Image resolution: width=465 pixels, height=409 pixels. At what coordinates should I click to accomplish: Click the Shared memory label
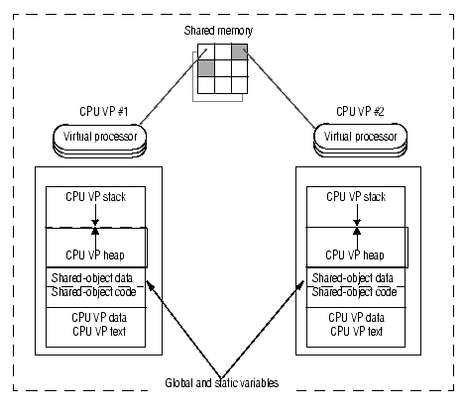[218, 31]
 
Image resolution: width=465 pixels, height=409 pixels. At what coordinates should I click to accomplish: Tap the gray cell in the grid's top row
[240, 51]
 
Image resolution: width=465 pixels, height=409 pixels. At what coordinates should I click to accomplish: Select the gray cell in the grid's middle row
[206, 68]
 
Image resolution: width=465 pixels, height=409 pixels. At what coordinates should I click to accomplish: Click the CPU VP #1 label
[103, 112]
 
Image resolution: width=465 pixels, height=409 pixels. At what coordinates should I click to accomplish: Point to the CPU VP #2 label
[360, 112]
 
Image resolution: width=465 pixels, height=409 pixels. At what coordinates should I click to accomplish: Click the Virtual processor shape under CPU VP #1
[99, 141]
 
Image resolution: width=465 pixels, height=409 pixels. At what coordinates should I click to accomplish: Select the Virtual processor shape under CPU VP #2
[360, 140]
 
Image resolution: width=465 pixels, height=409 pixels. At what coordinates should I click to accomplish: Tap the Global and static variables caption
[222, 383]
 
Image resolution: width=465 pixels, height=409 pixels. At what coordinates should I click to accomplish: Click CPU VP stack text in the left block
[96, 197]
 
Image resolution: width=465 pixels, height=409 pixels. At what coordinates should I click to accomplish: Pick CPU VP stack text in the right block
[356, 197]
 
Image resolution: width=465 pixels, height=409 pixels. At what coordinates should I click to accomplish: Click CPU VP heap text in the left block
[95, 256]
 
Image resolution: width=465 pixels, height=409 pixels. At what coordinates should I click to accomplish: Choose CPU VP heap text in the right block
[355, 256]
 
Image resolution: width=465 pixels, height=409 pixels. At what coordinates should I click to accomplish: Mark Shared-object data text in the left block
[92, 278]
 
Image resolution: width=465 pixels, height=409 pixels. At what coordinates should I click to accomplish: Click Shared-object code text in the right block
[354, 292]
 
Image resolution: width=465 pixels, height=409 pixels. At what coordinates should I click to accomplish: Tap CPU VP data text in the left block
[99, 318]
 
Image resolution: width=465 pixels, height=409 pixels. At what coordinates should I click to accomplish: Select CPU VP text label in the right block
[357, 331]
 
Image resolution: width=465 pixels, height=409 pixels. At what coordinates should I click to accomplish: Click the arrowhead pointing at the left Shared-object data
[150, 285]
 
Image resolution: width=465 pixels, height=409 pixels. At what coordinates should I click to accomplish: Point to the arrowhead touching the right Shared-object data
[300, 285]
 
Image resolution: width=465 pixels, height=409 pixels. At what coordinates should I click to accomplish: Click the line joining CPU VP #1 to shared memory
[174, 87]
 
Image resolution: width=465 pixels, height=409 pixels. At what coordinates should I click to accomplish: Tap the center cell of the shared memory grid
[223, 68]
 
